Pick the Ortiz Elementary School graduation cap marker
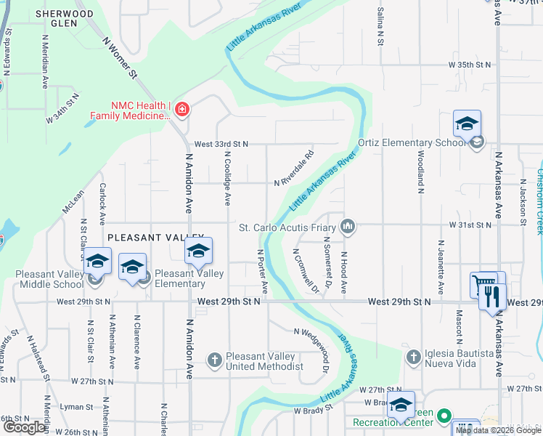click(x=467, y=124)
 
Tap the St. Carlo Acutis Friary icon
click(x=348, y=228)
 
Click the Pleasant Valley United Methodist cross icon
click(x=214, y=360)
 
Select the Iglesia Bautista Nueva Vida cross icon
click(x=413, y=357)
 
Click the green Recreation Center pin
click(x=445, y=417)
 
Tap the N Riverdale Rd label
click(x=293, y=169)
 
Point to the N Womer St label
click(x=120, y=57)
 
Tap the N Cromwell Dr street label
click(x=305, y=272)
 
